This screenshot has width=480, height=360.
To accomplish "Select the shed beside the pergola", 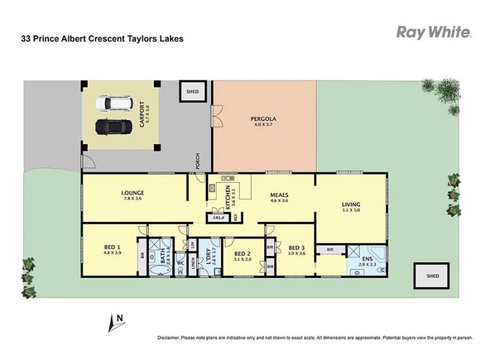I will tap(192, 92).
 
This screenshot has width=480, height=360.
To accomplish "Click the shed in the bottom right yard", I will tap(432, 276).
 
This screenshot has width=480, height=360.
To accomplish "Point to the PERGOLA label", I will tap(263, 119).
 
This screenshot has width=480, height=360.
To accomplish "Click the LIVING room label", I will tap(351, 205).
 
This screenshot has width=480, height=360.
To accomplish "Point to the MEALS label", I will tap(279, 195).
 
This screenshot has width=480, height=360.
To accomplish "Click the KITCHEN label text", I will tap(227, 196).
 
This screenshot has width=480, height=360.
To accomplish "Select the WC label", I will tap(180, 263).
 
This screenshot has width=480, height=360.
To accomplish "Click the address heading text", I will tap(103, 38).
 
